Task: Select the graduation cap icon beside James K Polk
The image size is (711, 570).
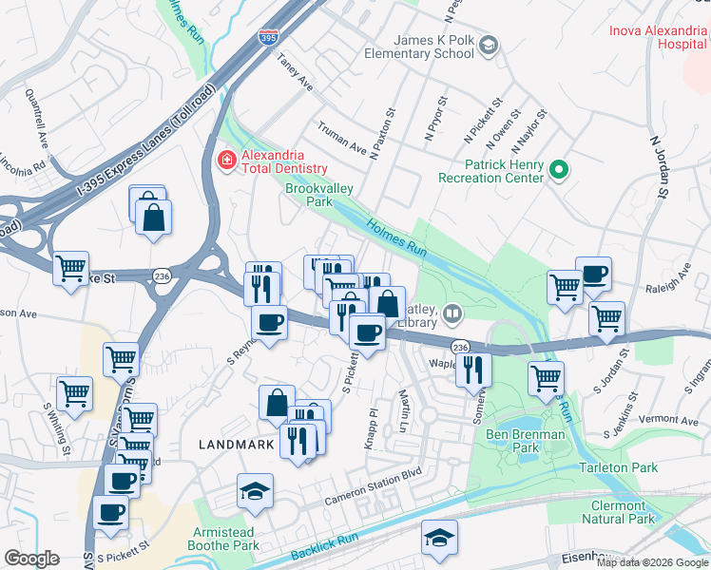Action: pyautogui.click(x=488, y=46)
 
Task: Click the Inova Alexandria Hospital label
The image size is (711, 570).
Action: pyautogui.click(x=660, y=37)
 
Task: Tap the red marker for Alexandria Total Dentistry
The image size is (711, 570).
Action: pyautogui.click(x=227, y=159)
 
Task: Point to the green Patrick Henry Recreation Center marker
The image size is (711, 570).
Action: pyautogui.click(x=559, y=170)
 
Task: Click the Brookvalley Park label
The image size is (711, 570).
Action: pyautogui.click(x=319, y=195)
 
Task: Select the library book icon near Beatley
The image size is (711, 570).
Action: pyautogui.click(x=453, y=313)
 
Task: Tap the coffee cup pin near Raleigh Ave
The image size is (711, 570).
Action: pyautogui.click(x=593, y=275)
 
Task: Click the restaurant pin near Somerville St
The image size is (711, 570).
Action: pyautogui.click(x=473, y=369)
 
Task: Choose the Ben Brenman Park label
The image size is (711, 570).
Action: pyautogui.click(x=526, y=441)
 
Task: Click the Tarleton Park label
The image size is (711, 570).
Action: pyautogui.click(x=619, y=467)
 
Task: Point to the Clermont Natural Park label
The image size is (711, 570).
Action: pyautogui.click(x=617, y=512)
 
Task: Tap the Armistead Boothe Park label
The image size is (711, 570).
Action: pyautogui.click(x=225, y=539)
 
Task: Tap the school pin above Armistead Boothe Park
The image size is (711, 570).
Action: pyautogui.click(x=255, y=491)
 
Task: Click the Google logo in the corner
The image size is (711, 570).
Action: pyautogui.click(x=31, y=559)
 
